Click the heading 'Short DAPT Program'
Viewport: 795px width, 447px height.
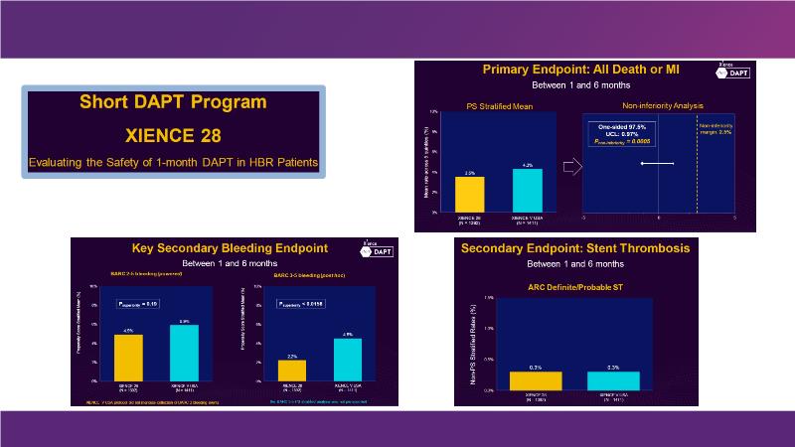click(x=170, y=102)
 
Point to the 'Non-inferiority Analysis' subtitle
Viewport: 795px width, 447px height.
click(x=662, y=104)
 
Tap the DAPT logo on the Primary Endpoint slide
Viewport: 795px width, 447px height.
click(x=732, y=71)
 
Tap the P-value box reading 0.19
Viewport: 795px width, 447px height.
click(x=139, y=304)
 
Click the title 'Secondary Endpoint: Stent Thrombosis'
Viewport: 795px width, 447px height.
click(x=588, y=247)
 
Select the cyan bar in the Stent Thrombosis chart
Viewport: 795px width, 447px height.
click(x=613, y=380)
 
